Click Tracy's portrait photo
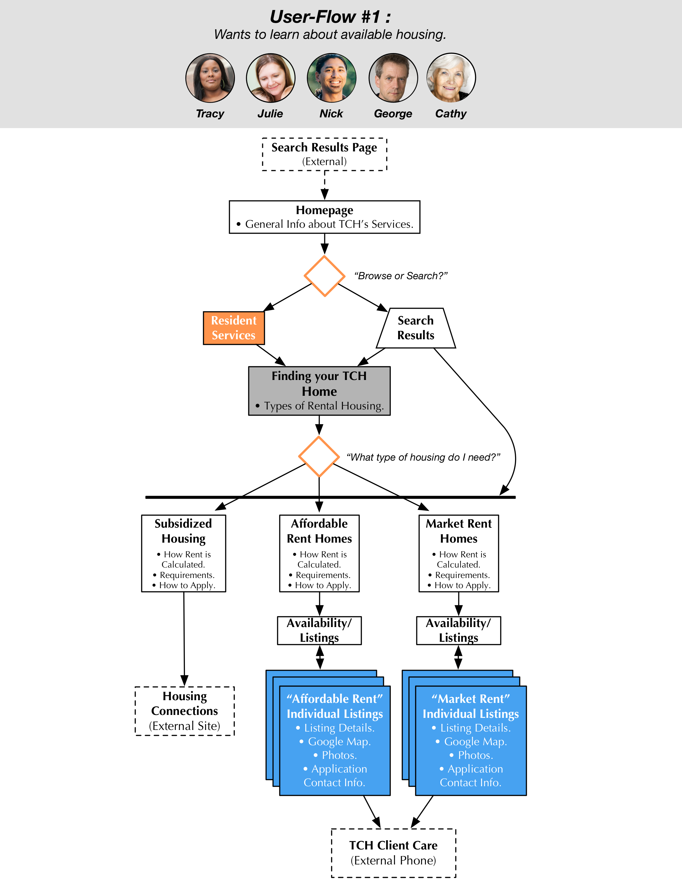pyautogui.click(x=210, y=78)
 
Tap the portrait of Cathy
pyautogui.click(x=451, y=78)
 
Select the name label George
pyautogui.click(x=393, y=114)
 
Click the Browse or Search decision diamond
pyautogui.click(x=325, y=276)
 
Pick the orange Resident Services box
pyautogui.click(x=234, y=328)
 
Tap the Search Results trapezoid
pyautogui.click(x=416, y=328)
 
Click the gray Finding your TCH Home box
pyautogui.click(x=319, y=391)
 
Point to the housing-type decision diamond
pyautogui.click(x=319, y=457)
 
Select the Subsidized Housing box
pyautogui.click(x=184, y=553)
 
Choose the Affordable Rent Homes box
pyautogui.click(x=319, y=553)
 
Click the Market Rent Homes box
pyautogui.click(x=459, y=553)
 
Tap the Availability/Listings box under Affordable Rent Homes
pyautogui.click(x=319, y=630)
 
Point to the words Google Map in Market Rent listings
pyautogui.click(x=475, y=741)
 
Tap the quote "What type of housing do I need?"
pyautogui.click(x=423, y=457)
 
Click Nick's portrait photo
pyautogui.click(x=332, y=78)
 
